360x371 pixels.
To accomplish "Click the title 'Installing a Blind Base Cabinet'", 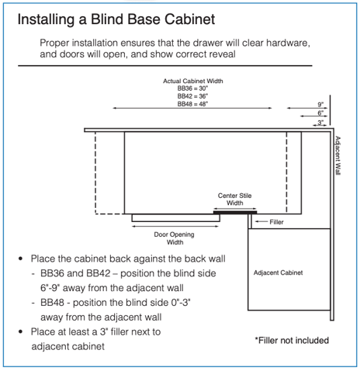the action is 116,19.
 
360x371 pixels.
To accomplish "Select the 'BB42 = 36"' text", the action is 192,96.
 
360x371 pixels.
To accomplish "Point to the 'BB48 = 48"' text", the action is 192,104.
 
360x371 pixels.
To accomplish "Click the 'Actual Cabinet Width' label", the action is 193,81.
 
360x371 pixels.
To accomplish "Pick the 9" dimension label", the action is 320,105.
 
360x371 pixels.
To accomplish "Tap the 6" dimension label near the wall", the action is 320,113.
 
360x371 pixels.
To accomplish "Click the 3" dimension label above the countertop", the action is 320,123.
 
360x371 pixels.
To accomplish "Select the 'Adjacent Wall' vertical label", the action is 337,155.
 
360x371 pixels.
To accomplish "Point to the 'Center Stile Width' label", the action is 234,199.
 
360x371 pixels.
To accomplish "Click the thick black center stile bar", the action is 235,213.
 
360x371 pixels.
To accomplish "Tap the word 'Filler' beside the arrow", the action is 276,222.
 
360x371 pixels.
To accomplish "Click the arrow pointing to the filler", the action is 261,221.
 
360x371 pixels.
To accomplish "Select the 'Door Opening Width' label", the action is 175,238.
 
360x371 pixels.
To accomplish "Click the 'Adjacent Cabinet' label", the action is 278,272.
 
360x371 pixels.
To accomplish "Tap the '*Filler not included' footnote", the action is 292,341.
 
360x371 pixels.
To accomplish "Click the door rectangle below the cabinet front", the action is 176,218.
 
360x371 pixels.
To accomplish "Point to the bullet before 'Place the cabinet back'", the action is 21,258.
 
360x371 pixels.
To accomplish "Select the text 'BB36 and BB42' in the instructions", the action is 75,273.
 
